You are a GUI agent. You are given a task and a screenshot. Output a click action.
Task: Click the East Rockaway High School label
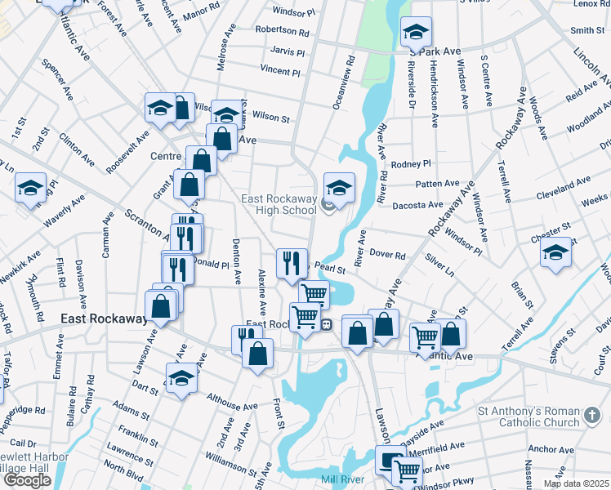click(278, 204)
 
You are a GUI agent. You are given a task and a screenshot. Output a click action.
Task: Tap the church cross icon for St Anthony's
click(594, 417)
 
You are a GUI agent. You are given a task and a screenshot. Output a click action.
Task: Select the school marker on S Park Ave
click(416, 33)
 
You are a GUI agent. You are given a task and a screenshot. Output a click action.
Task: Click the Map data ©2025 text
click(576, 483)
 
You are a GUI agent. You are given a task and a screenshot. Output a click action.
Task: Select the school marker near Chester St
click(555, 252)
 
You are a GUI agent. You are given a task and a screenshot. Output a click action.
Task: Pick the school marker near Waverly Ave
click(30, 189)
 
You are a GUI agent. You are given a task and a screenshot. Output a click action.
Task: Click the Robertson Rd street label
click(282, 33)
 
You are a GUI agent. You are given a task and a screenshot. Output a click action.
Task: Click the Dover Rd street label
click(388, 256)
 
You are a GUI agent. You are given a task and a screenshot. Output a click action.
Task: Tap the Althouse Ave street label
click(233, 400)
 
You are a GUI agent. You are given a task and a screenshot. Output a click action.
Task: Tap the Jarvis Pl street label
click(287, 52)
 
